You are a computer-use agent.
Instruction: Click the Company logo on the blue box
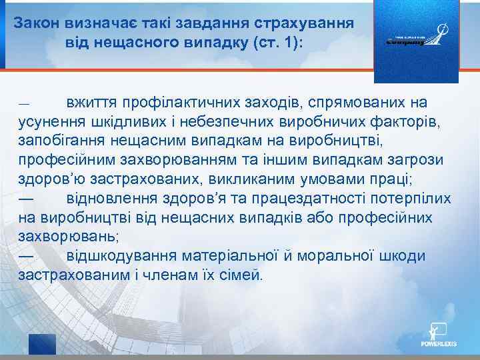[x=416, y=39]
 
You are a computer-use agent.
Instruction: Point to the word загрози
[x=422, y=161]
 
